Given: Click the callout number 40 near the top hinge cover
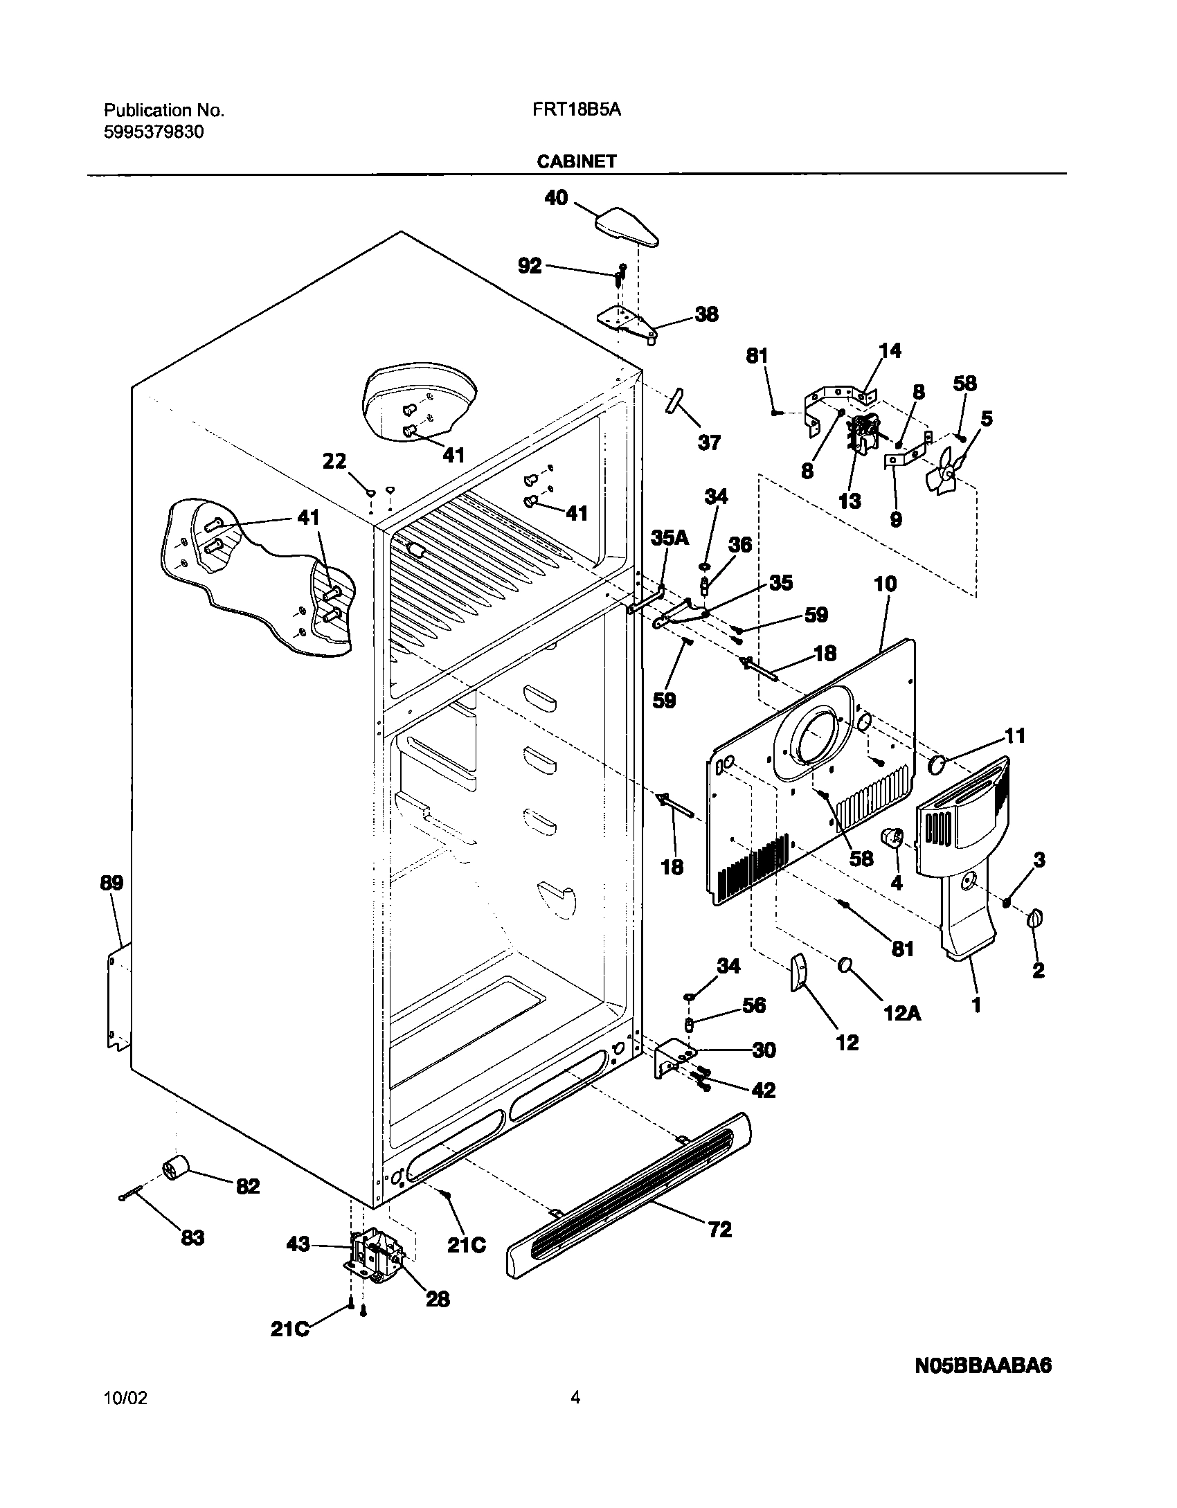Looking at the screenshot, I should (x=556, y=198).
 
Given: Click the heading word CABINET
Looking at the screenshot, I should (x=577, y=161).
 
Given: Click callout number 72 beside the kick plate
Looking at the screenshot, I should (x=719, y=1230).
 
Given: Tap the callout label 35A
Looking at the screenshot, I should (x=670, y=538).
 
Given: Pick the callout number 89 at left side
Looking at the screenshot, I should (x=111, y=883).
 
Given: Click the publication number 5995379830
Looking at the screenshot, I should (x=154, y=132).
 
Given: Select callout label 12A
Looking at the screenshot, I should (x=904, y=1013).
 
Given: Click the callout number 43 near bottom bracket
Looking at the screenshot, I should (x=298, y=1245).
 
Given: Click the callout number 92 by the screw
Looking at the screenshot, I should (x=530, y=265).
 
